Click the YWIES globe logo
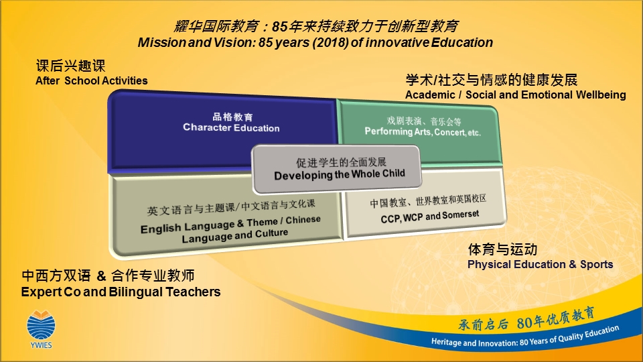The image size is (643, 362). pyautogui.click(x=41, y=326)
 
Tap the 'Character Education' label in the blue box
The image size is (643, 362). pyautogui.click(x=231, y=127)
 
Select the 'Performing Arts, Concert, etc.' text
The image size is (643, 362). pyautogui.click(x=423, y=132)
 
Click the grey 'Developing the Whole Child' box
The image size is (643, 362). pyautogui.click(x=337, y=169)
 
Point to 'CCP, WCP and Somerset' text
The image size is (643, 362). pyautogui.click(x=430, y=216)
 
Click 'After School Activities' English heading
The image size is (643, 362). pyautogui.click(x=92, y=80)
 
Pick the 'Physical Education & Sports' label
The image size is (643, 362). pyautogui.click(x=540, y=264)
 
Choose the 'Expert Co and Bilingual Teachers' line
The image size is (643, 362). pyautogui.click(x=121, y=292)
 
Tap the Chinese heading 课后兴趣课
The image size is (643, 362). pyautogui.click(x=70, y=66)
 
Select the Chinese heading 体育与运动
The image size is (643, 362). pyautogui.click(x=502, y=249)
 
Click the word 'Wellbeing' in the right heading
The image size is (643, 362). pyautogui.click(x=601, y=95)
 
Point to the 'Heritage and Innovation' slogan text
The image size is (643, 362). pyautogui.click(x=525, y=336)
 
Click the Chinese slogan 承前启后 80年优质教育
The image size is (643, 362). pyautogui.click(x=526, y=319)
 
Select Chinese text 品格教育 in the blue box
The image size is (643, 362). pyautogui.click(x=232, y=117)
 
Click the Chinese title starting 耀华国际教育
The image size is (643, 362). pyautogui.click(x=315, y=26)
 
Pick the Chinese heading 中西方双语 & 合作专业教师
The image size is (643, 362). pyautogui.click(x=108, y=276)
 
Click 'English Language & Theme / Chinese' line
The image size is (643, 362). pyautogui.click(x=230, y=224)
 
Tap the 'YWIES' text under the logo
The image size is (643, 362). pyautogui.click(x=41, y=345)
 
